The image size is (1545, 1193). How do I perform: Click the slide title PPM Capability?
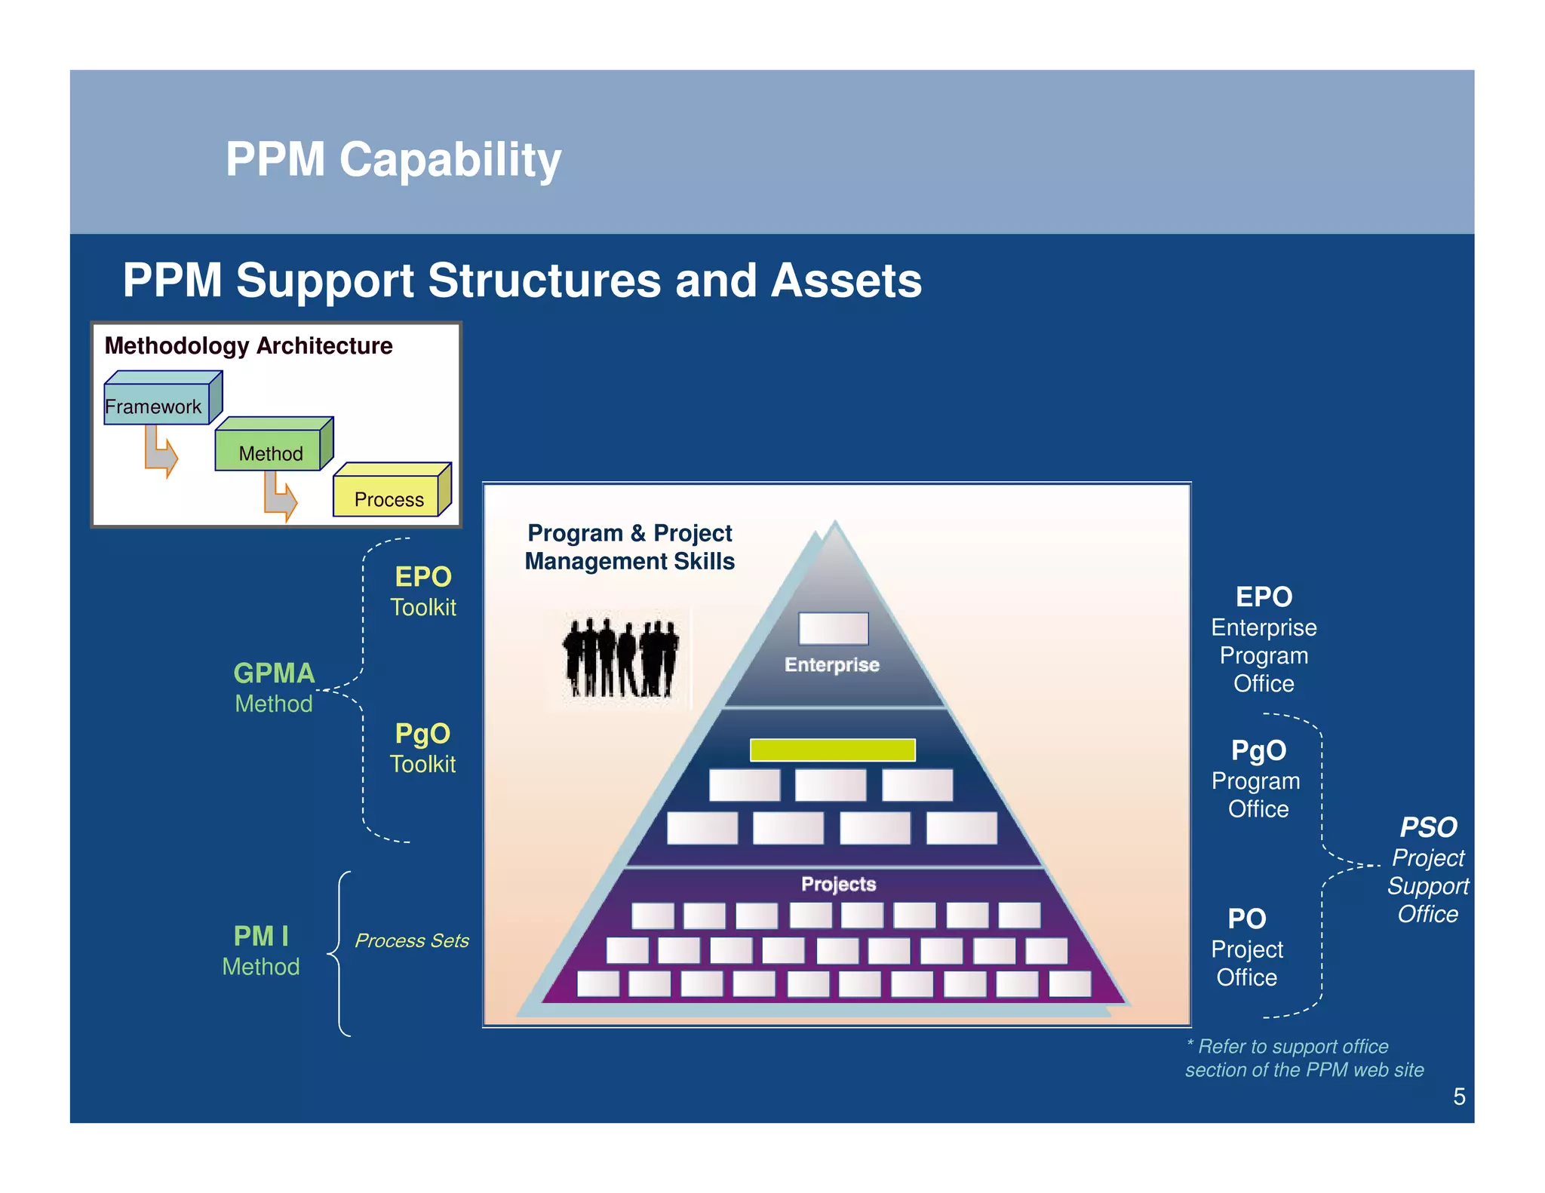393,159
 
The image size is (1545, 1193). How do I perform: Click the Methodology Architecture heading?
248,345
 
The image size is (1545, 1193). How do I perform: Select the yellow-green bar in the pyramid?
832,750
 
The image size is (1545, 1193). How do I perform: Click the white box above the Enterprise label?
833,628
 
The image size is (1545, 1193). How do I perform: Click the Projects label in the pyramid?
838,884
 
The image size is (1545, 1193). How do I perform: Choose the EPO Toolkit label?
423,591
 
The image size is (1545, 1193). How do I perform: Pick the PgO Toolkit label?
422,748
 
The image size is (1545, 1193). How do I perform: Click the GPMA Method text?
274,687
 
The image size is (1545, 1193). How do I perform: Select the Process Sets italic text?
411,940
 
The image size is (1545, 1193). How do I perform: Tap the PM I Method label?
261,950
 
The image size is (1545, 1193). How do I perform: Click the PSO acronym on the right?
1428,827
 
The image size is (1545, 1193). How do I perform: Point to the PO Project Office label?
1246,948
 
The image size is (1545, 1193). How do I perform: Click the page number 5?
1459,1096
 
